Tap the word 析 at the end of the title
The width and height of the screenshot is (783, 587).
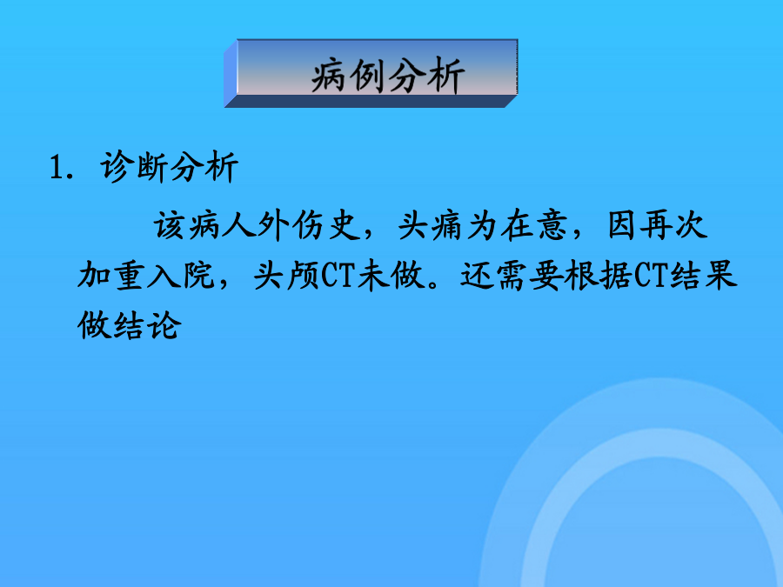coord(446,76)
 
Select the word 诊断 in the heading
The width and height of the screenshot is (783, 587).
coord(134,166)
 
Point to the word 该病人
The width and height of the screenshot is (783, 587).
coord(204,225)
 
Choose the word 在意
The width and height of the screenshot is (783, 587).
coord(534,225)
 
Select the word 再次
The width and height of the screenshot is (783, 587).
coord(673,225)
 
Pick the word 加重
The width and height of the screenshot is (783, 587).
coord(110,275)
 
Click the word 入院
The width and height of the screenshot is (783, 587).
coord(181,275)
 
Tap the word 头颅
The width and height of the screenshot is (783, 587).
coord(286,275)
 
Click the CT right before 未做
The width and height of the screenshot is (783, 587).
coord(338,275)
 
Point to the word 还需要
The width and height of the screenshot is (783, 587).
coord(512,275)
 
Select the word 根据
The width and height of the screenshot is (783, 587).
coord(599,275)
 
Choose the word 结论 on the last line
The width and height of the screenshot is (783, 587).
coord(147,325)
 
